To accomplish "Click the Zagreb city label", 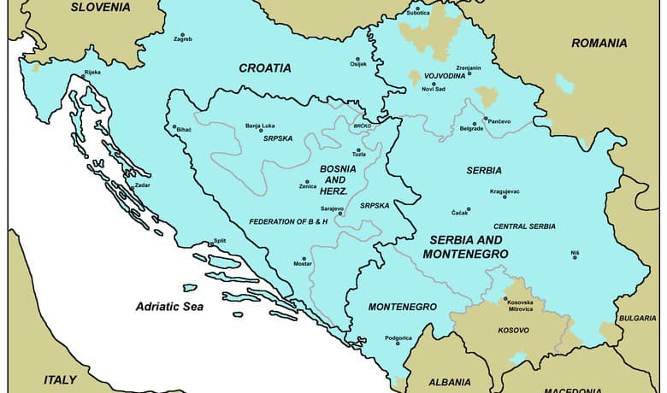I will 182,39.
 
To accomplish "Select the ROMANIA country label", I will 599,43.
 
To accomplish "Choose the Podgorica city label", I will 398,340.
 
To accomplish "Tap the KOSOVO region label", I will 513,329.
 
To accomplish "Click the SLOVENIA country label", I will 101,7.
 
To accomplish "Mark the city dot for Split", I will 211,244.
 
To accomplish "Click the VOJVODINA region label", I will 445,76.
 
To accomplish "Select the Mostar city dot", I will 303,259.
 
